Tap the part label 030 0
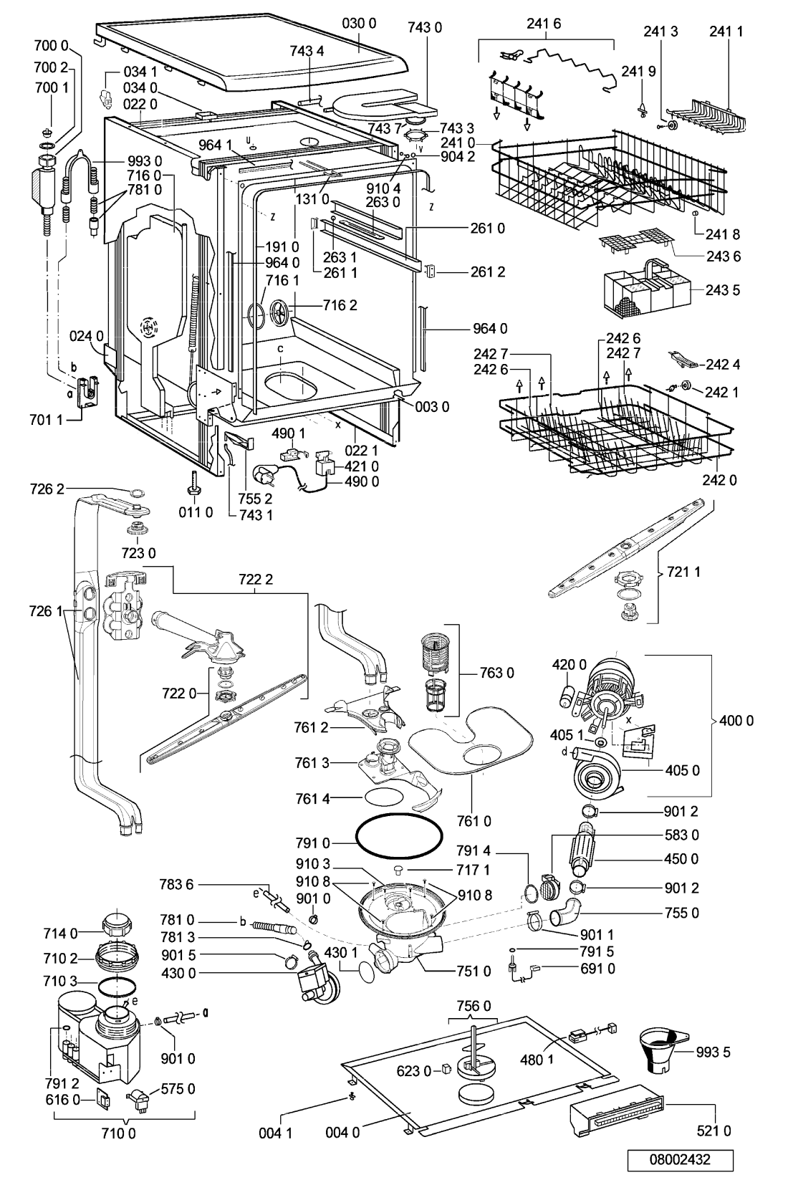360,24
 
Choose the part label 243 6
722,256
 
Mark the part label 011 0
195,513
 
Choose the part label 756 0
474,1006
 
